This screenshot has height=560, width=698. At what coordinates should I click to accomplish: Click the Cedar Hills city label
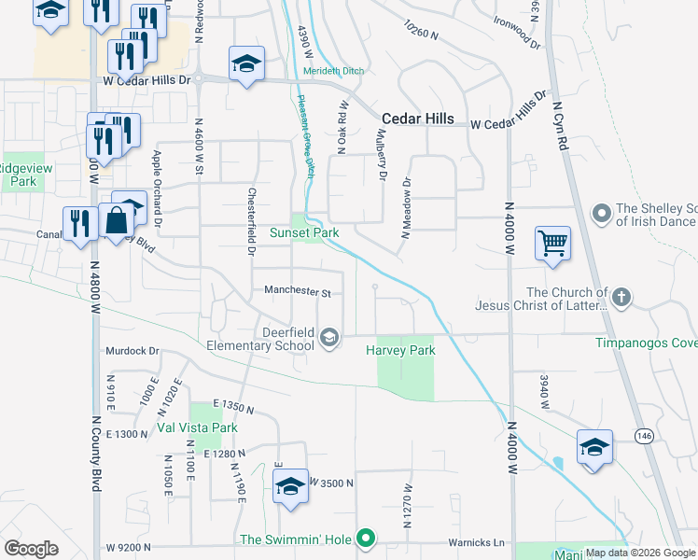(418, 119)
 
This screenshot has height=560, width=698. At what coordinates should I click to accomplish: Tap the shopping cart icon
(552, 244)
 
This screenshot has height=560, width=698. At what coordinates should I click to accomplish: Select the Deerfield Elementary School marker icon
(328, 338)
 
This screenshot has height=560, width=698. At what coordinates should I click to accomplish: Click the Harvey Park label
(400, 351)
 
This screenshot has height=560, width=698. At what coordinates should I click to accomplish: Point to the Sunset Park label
(303, 231)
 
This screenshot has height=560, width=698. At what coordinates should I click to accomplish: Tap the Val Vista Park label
(197, 427)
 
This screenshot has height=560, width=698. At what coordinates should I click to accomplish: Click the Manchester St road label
(298, 292)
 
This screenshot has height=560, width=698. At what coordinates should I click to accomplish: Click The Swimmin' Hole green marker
(367, 539)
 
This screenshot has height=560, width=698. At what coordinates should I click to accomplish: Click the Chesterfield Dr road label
(251, 220)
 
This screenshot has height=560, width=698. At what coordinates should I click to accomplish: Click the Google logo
(31, 549)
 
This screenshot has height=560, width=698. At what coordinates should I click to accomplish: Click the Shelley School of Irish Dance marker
(601, 215)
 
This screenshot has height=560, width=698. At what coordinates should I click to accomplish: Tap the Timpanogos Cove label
(647, 343)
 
